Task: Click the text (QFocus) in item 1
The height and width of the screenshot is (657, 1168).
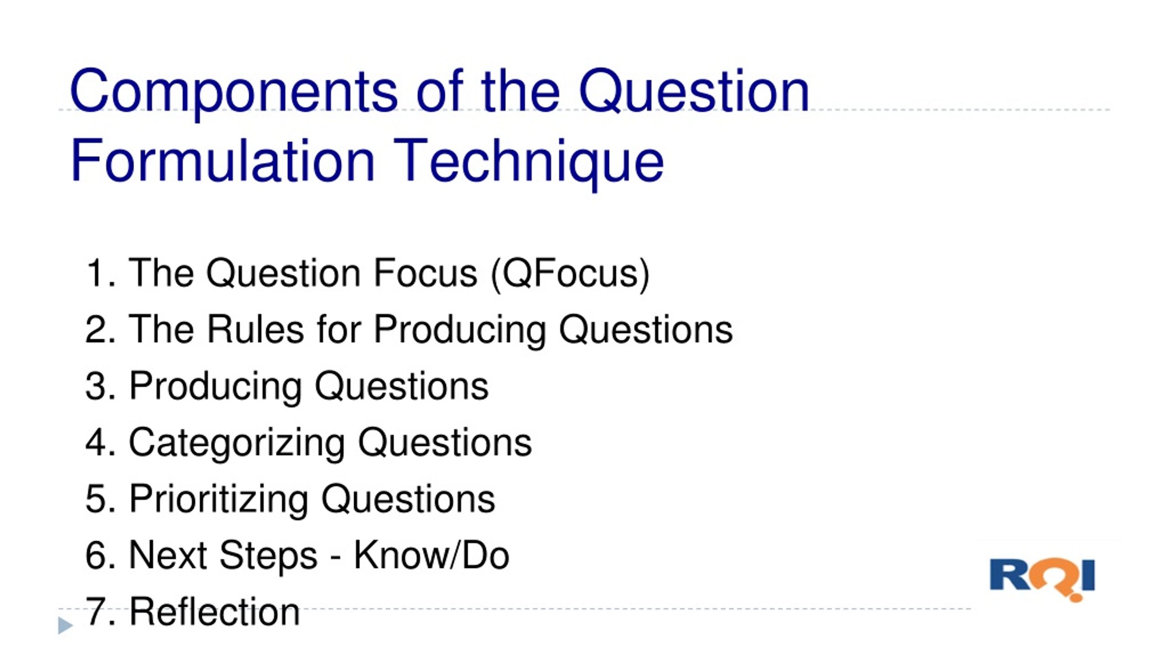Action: tap(570, 273)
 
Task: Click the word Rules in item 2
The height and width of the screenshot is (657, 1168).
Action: tap(255, 329)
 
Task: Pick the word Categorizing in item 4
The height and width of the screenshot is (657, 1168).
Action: tap(237, 443)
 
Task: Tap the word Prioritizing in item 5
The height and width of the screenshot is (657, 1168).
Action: tap(219, 499)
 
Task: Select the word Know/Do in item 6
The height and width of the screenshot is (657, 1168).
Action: tap(432, 555)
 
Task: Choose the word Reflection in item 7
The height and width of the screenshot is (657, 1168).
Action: tap(214, 611)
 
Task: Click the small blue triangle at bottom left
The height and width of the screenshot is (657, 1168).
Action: tap(65, 625)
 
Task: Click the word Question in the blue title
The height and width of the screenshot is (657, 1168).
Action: tap(693, 91)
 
